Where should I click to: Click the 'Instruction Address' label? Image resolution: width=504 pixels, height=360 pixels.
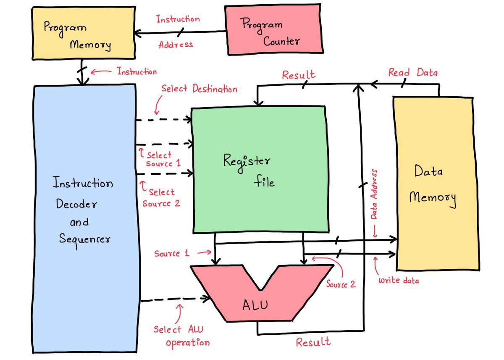[178, 32]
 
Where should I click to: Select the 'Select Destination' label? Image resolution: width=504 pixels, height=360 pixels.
[199, 89]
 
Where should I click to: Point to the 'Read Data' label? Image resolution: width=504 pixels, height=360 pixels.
[413, 73]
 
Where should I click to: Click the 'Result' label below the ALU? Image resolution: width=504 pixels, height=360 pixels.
[313, 342]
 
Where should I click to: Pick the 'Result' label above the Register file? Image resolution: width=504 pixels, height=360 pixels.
[299, 75]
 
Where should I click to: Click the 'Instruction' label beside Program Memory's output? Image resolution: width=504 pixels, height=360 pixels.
[137, 71]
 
